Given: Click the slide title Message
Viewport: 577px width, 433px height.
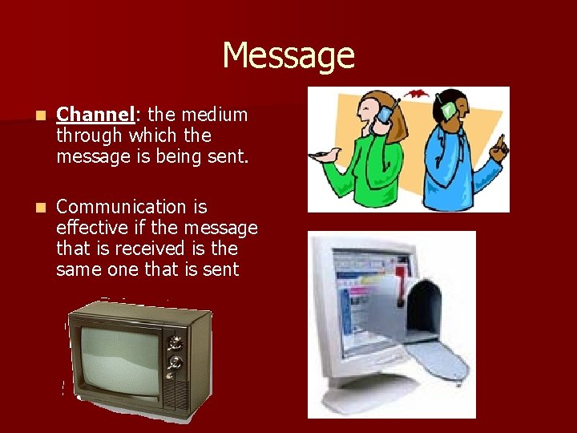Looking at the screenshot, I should (x=288, y=56).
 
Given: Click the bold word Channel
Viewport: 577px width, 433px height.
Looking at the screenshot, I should (x=94, y=115).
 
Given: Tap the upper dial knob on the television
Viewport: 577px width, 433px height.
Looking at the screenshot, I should (x=175, y=343).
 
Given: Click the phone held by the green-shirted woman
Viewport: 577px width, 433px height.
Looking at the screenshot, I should (x=384, y=115).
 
